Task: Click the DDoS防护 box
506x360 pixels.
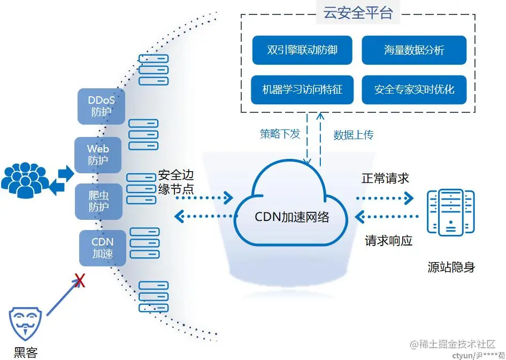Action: tap(102, 106)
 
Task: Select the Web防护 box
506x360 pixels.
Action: tap(98, 155)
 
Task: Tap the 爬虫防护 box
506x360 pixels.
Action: tap(98, 201)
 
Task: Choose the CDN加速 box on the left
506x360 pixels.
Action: tap(103, 248)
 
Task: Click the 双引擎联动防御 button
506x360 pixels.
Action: tap(302, 50)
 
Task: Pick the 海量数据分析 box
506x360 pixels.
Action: tap(414, 50)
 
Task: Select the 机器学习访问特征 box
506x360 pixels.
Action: tap(302, 89)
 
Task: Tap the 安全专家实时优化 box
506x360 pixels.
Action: tap(414, 89)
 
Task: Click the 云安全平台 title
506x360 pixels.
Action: tap(358, 13)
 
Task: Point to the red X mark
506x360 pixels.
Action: tap(80, 281)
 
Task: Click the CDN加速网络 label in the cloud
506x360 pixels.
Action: tap(292, 217)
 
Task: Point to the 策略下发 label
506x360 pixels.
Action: tap(280, 134)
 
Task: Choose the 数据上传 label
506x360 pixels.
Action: tap(354, 135)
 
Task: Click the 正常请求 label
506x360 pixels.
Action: tap(385, 178)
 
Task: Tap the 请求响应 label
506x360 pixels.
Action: tap(389, 241)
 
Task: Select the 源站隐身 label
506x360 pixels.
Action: tap(451, 267)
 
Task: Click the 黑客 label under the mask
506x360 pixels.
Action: tap(26, 352)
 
